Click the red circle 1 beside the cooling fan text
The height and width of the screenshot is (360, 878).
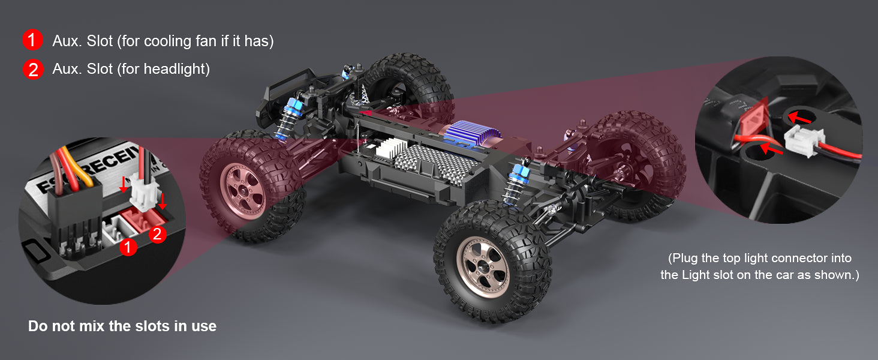(32, 40)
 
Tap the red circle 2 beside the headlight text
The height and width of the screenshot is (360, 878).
(33, 70)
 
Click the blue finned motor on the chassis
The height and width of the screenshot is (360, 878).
(473, 134)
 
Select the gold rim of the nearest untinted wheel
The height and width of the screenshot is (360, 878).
(485, 266)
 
